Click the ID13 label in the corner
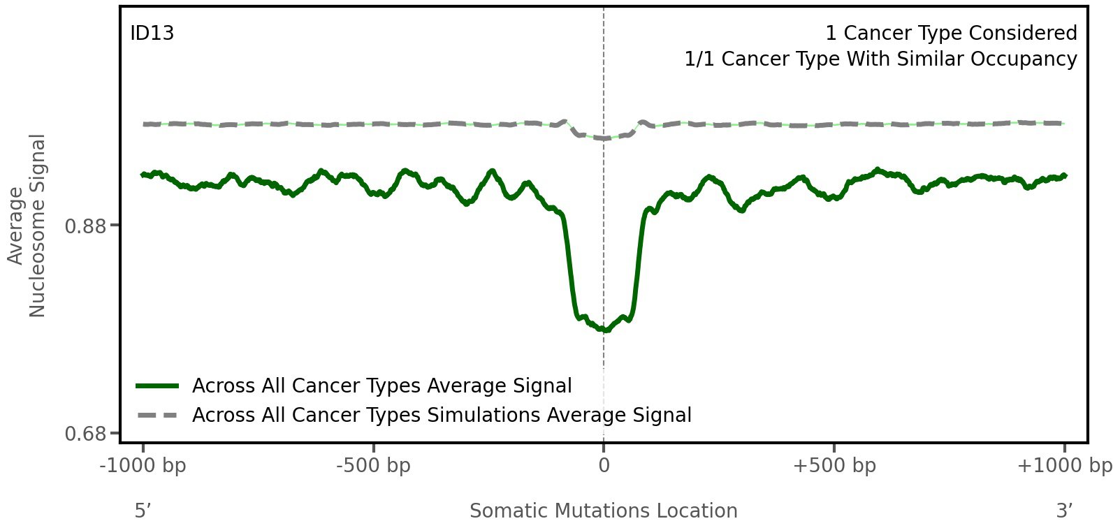(x=152, y=34)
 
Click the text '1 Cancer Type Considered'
(x=950, y=34)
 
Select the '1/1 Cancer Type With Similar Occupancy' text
(x=880, y=59)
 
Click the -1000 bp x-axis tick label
(x=143, y=466)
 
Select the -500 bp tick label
(x=373, y=466)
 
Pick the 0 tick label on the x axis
(x=604, y=466)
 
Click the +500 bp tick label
(x=834, y=466)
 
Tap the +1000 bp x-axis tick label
(x=1064, y=466)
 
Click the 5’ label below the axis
(x=143, y=511)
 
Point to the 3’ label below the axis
(x=1064, y=511)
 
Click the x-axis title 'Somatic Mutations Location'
(x=603, y=511)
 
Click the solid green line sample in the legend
(x=158, y=386)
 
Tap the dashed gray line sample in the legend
(x=158, y=416)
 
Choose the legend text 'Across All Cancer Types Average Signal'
(x=381, y=386)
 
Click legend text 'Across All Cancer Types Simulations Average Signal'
(x=442, y=416)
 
